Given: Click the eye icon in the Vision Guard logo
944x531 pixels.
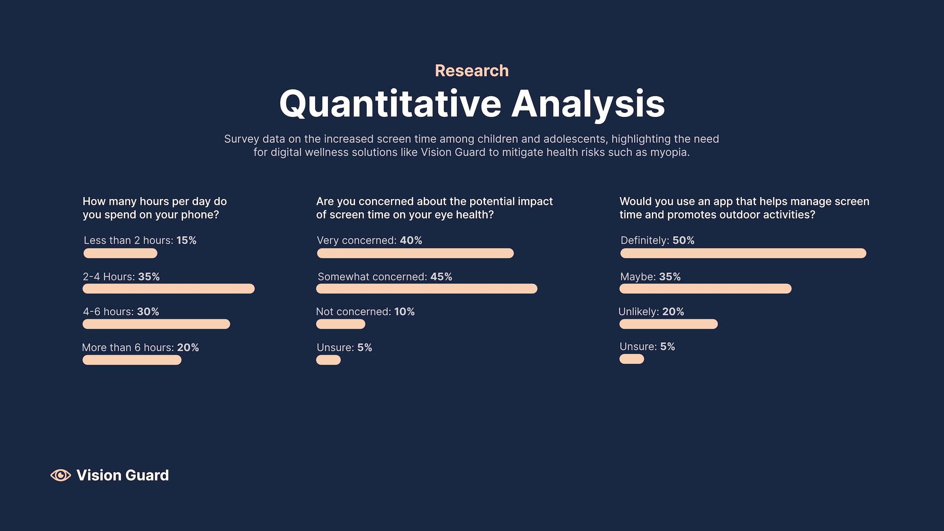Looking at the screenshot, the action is (x=60, y=475).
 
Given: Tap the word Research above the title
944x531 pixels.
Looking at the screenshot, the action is (x=472, y=71).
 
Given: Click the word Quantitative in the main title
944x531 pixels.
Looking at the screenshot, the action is (x=390, y=104).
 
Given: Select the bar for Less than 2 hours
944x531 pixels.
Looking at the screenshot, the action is (x=120, y=253).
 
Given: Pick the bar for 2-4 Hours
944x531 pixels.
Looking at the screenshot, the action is (x=169, y=288).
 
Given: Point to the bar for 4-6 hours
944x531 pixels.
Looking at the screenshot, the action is (x=156, y=324).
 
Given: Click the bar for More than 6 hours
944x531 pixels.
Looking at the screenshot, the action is (x=132, y=360).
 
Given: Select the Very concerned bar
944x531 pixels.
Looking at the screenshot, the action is (x=415, y=253).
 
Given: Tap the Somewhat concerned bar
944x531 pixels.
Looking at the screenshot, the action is (x=427, y=288).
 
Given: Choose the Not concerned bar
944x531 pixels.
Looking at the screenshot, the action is (x=341, y=324).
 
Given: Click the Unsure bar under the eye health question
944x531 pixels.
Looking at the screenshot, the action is (x=329, y=360).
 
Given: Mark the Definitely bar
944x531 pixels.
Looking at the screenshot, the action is (x=743, y=253).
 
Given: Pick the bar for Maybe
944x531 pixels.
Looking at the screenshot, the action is (x=706, y=288).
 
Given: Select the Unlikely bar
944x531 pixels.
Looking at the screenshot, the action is (x=669, y=324).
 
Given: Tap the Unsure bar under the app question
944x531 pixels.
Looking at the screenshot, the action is (x=632, y=359).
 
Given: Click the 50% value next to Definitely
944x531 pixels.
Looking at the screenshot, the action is (x=683, y=240).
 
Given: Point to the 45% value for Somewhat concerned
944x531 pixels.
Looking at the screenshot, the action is (x=441, y=277).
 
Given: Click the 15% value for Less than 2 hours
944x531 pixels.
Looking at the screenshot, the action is (x=186, y=240).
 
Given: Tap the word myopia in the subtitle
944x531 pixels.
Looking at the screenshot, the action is (x=669, y=152).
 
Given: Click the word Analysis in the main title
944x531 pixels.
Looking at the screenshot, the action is (x=588, y=104).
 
